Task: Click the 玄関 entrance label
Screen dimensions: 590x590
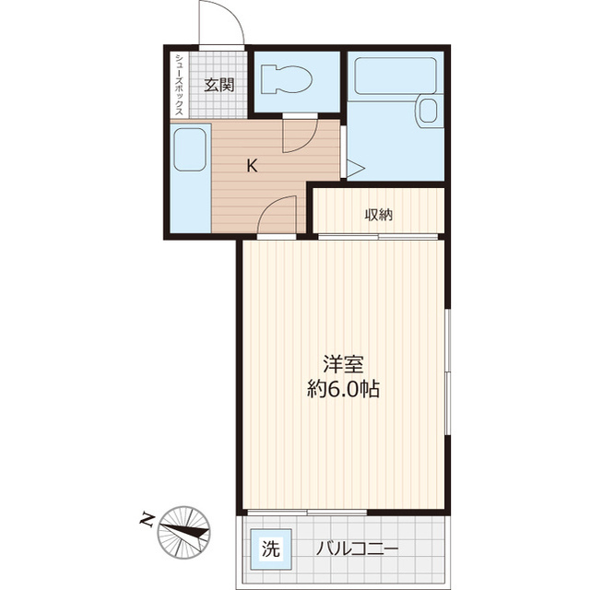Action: pyautogui.click(x=219, y=85)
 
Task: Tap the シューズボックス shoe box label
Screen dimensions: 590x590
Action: pyautogui.click(x=180, y=85)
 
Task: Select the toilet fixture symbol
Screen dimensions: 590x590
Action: pyautogui.click(x=287, y=80)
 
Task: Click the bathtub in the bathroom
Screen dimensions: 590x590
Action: pyautogui.click(x=395, y=76)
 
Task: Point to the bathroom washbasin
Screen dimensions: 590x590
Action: pyautogui.click(x=427, y=111)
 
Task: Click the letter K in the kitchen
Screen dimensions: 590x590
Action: pyautogui.click(x=252, y=165)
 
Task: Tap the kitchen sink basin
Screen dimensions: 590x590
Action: pyautogui.click(x=190, y=149)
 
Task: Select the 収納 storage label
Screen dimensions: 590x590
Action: pyautogui.click(x=379, y=215)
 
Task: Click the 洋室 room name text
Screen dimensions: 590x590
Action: pyautogui.click(x=343, y=364)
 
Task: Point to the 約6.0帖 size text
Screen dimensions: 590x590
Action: pyautogui.click(x=343, y=389)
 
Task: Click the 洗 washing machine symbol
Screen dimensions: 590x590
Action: pyautogui.click(x=271, y=549)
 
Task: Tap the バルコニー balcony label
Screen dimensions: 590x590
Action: pyautogui.click(x=357, y=549)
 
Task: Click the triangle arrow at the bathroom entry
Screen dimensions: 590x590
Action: pyautogui.click(x=355, y=168)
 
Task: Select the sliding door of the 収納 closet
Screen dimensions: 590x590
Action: pyautogui.click(x=378, y=237)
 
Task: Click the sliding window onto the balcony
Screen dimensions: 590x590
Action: pyautogui.click(x=307, y=513)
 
